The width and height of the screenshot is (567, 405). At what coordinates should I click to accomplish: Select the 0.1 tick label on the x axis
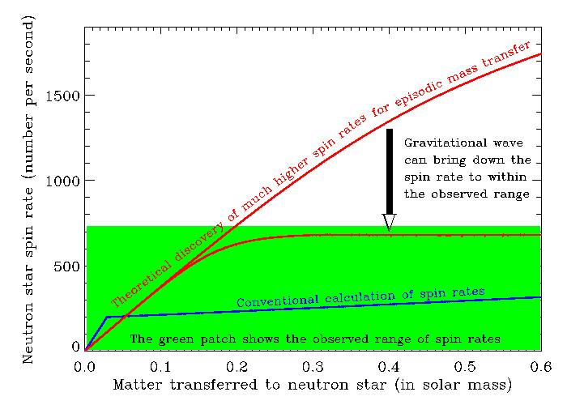coord(160,366)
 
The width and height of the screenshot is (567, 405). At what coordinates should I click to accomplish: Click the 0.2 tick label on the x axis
coord(237,366)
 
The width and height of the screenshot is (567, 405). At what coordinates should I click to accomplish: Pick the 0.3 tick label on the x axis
coord(312,366)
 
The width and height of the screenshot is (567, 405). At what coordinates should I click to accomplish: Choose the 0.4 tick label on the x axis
coord(388,366)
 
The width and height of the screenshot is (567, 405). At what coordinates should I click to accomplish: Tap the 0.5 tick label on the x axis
coord(464,366)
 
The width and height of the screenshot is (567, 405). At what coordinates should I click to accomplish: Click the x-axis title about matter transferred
coord(313,384)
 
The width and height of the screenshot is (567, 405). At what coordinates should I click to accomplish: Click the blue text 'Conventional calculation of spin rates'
coord(360,297)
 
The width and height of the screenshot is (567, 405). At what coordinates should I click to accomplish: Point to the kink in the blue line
coord(106,317)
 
